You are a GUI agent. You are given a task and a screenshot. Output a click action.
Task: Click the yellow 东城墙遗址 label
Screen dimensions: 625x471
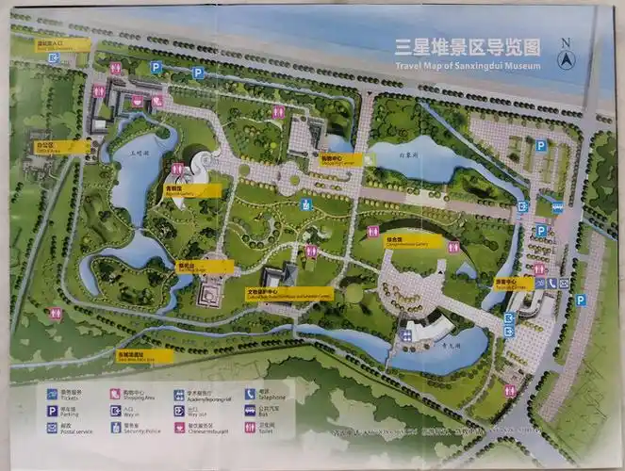(144, 356)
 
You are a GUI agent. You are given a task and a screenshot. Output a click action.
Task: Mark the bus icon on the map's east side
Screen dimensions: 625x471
(557, 204)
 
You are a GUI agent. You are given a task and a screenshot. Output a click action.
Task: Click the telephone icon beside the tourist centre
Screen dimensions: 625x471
(539, 283)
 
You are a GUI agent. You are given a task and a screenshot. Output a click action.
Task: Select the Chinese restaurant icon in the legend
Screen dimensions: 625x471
(179, 427)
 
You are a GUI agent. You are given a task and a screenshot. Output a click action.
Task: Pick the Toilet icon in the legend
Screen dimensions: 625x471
(250, 427)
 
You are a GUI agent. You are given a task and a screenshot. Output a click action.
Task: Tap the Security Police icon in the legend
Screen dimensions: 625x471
(115, 427)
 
